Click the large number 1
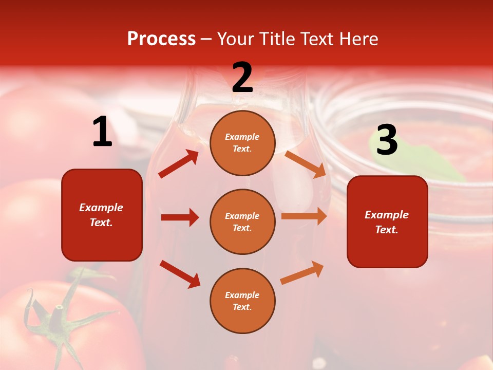[102, 132]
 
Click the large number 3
[387, 140]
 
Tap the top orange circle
[242, 143]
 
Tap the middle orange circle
[242, 221]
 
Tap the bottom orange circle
[242, 301]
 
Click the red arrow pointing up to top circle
[179, 163]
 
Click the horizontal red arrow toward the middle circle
[180, 217]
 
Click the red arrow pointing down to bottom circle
[180, 274]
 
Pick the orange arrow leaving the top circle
[305, 164]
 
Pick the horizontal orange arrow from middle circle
[304, 216]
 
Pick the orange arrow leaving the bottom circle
[302, 273]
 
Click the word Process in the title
[161, 39]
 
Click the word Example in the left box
[101, 208]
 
